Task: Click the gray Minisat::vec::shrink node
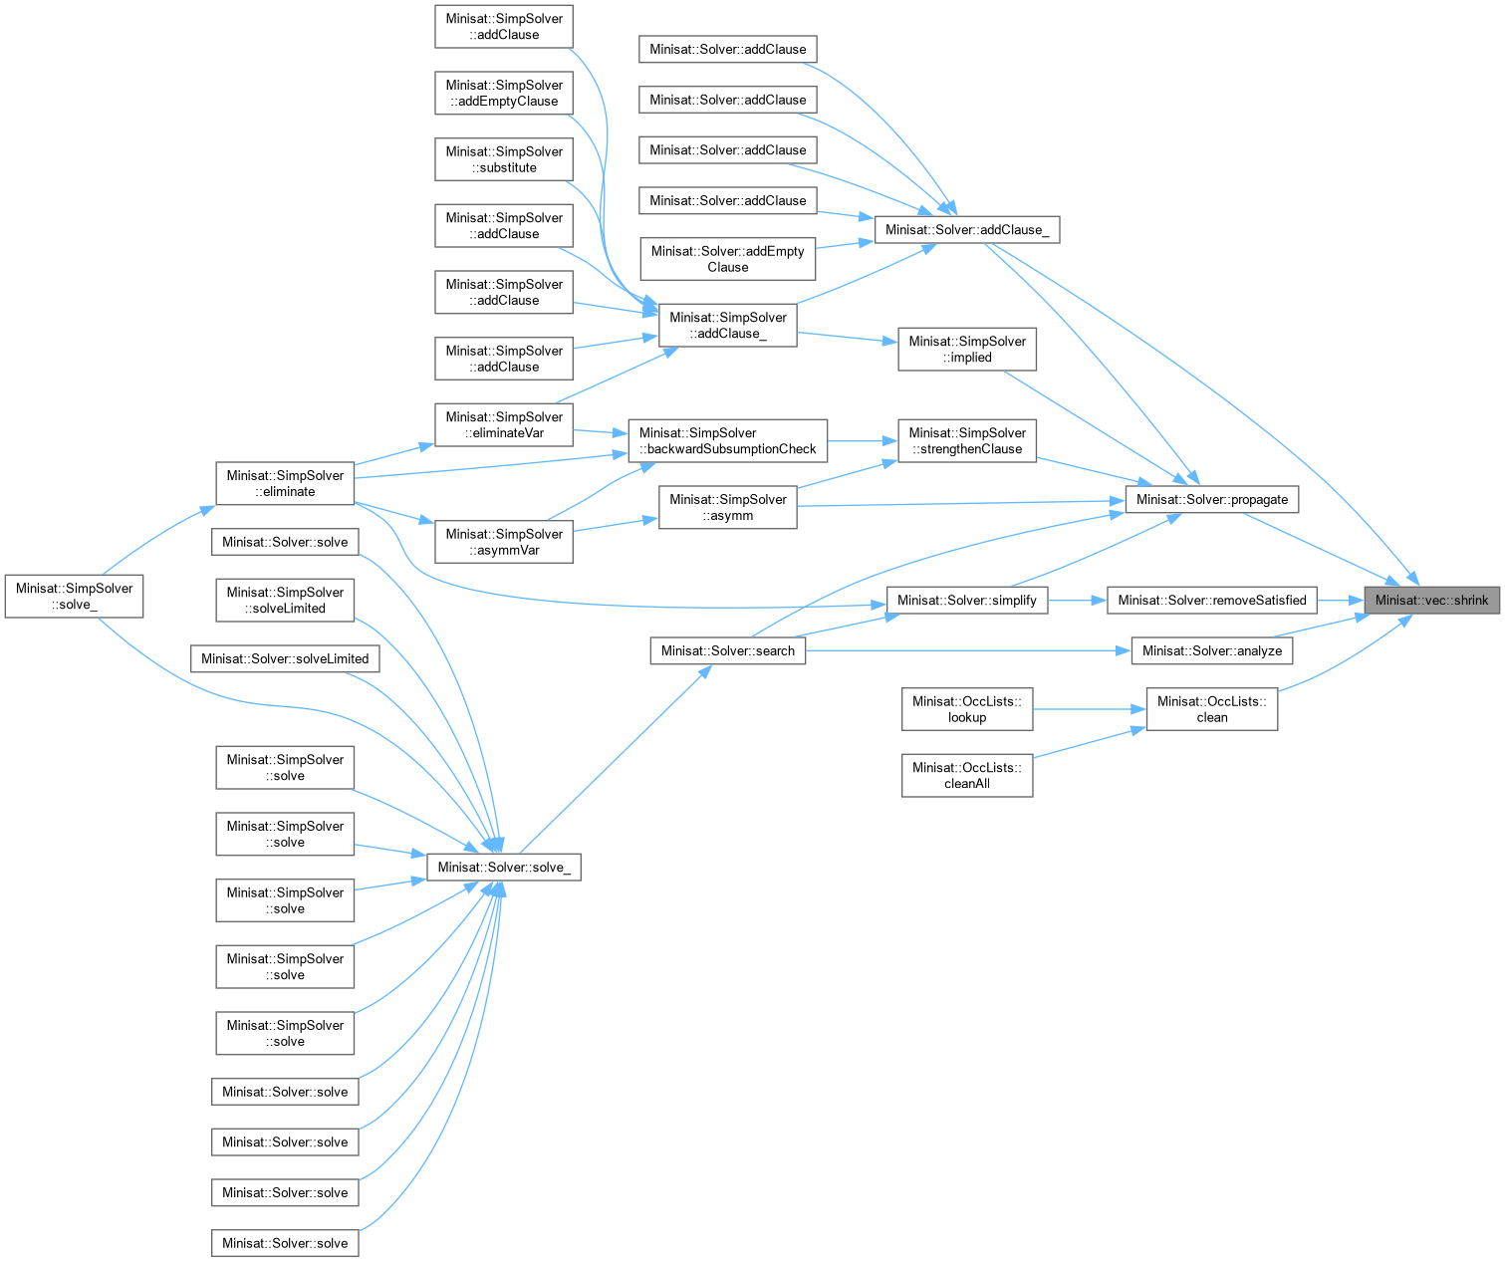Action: (x=1431, y=600)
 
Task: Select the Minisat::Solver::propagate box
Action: (x=1211, y=499)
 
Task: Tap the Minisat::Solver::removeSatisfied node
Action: (x=1211, y=600)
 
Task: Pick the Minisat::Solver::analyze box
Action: (x=1211, y=650)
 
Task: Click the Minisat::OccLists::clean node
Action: (x=1211, y=709)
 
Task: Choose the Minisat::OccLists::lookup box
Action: (x=966, y=709)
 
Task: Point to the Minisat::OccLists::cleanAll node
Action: (x=966, y=775)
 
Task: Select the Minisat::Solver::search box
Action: (x=727, y=650)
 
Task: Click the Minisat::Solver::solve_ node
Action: (x=503, y=867)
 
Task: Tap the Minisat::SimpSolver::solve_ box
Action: (x=74, y=596)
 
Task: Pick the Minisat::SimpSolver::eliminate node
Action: (x=285, y=483)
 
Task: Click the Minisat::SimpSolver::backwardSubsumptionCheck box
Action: (x=727, y=440)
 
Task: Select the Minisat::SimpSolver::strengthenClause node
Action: (x=966, y=440)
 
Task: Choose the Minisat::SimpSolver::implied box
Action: (x=966, y=349)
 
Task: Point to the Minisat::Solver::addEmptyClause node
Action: (x=727, y=259)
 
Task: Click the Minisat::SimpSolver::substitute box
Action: (x=503, y=159)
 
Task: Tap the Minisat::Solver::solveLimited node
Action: (x=285, y=658)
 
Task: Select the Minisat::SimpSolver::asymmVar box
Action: (x=503, y=542)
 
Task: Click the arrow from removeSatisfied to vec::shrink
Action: (x=1341, y=600)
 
